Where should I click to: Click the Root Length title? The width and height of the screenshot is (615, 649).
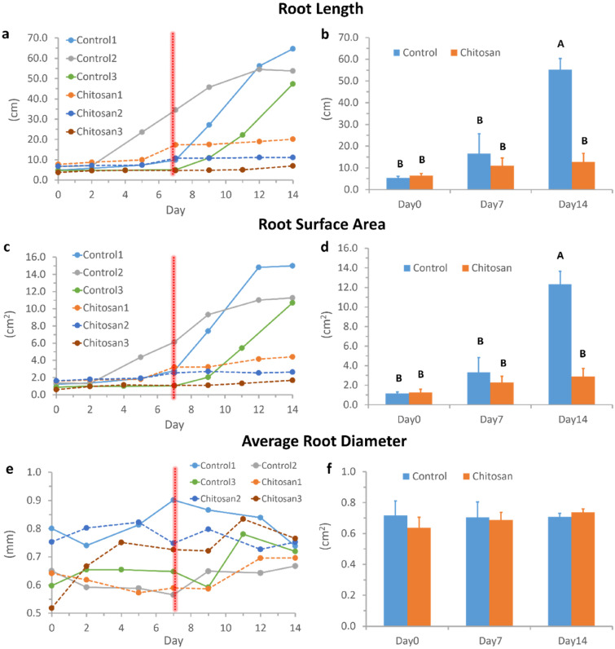coord(307,11)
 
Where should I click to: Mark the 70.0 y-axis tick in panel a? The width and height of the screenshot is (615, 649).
coord(35,38)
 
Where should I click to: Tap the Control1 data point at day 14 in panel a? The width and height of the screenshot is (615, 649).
coord(292,49)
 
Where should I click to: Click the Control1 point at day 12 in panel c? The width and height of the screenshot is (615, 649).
coord(258,267)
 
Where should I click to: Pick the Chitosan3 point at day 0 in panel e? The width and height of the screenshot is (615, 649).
coord(52,607)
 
